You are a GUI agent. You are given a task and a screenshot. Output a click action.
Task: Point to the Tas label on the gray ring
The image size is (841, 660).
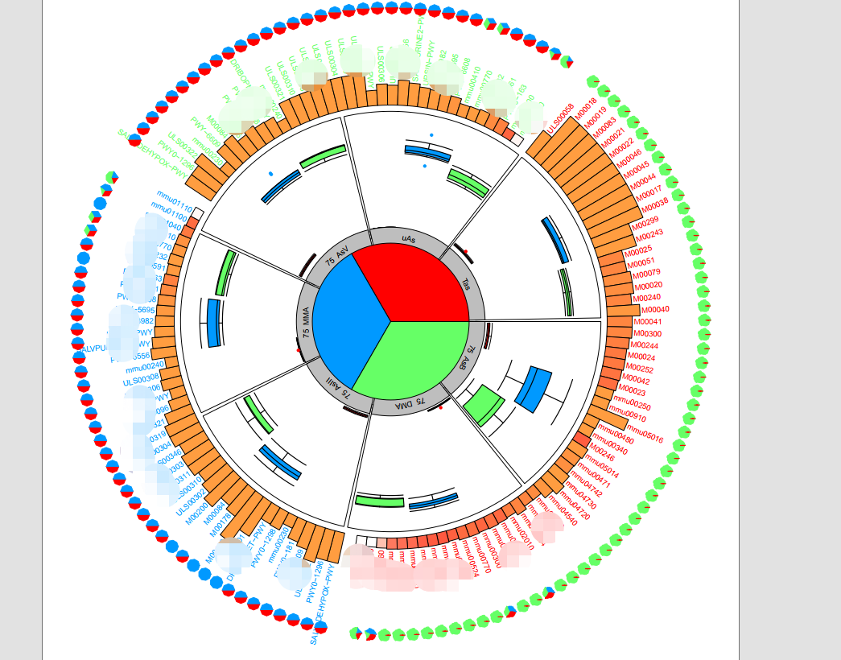467,283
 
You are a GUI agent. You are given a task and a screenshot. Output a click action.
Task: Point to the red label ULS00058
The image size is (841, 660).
560,118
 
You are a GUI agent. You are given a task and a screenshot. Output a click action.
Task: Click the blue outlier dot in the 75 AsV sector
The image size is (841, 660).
271,173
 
